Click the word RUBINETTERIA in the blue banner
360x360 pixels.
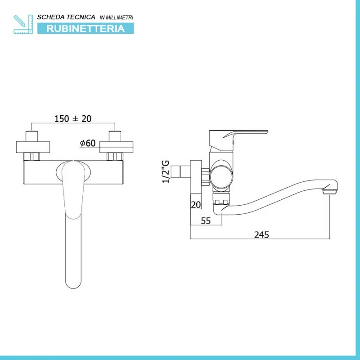click(85, 29)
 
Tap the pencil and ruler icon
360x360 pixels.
click(23, 24)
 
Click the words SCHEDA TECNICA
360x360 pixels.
click(66, 17)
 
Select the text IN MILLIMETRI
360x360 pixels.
click(117, 18)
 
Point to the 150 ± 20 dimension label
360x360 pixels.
click(73, 119)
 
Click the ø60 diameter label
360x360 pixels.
click(88, 143)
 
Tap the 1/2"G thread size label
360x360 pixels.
click(166, 171)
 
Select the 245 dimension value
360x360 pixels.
click(261, 234)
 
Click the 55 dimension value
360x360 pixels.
click(206, 220)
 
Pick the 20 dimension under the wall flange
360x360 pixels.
click(196, 205)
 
